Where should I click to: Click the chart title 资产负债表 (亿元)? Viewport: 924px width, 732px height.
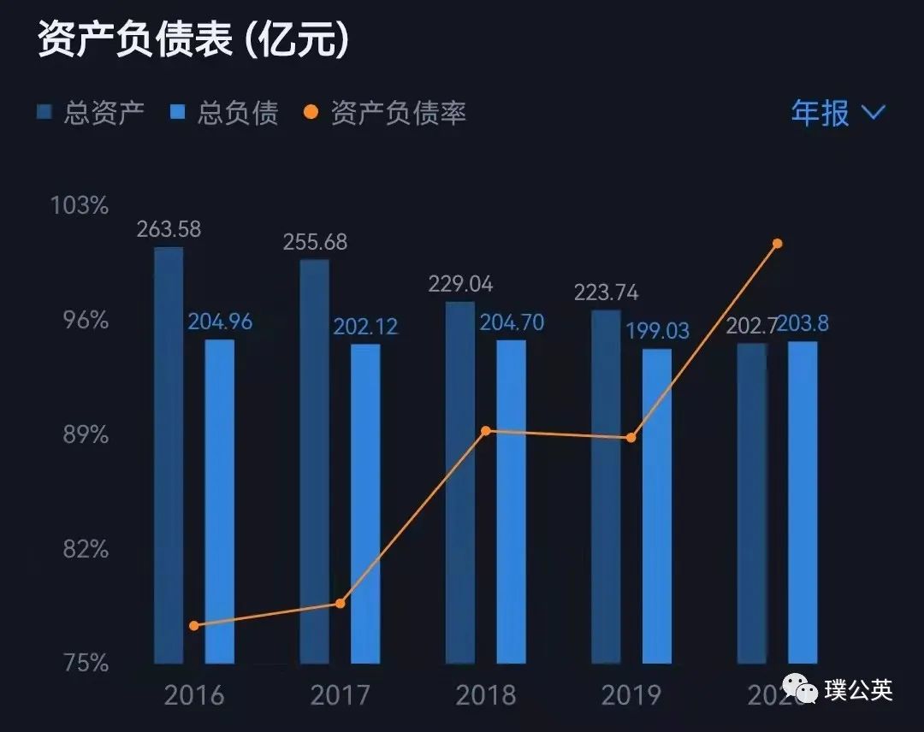point(193,39)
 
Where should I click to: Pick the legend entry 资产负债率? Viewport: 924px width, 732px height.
point(386,113)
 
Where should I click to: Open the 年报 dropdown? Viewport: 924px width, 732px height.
point(837,112)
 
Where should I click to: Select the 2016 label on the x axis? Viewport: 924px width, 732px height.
point(194,694)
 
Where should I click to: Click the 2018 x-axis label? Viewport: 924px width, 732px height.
point(485,694)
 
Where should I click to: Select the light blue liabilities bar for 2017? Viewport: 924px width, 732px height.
point(365,504)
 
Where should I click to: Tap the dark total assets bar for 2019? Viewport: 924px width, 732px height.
point(606,487)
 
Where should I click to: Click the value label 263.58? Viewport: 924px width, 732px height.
point(169,229)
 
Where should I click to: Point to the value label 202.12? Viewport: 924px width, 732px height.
point(365,327)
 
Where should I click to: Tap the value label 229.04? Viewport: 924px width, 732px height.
point(460,284)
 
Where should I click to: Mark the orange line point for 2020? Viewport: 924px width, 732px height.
point(778,244)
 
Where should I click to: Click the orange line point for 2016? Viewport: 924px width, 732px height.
point(194,625)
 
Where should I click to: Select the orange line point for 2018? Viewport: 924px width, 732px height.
point(486,430)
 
